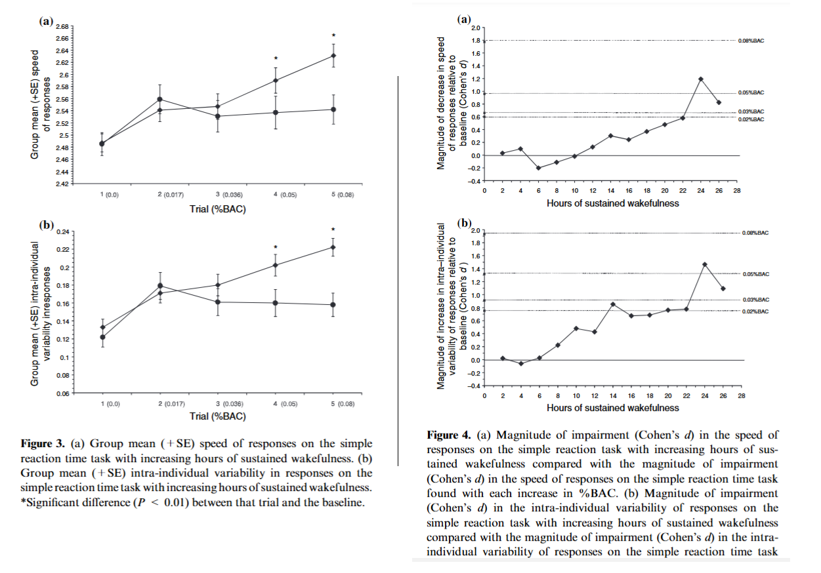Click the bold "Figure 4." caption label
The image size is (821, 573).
coord(450,435)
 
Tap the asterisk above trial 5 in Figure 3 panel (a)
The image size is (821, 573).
coord(333,36)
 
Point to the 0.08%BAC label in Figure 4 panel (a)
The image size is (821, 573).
coord(751,41)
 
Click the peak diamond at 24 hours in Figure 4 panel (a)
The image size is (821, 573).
coord(701,79)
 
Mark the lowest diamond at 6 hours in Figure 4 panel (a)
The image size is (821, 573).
coord(539,168)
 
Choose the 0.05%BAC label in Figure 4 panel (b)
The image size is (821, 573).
coord(755,273)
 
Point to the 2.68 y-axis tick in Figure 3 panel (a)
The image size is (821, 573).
coord(62,27)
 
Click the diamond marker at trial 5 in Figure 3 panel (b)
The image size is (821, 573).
coord(333,247)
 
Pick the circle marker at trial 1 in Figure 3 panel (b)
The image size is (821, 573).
coord(102,337)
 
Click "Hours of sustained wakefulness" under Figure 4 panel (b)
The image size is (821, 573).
coord(612,407)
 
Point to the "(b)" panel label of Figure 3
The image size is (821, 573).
coord(47,225)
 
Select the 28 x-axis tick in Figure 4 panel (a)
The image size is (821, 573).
coord(737,191)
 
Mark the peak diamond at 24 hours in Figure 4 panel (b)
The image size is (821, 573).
coord(704,265)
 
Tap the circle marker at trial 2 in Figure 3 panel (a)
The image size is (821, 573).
coord(159,100)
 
